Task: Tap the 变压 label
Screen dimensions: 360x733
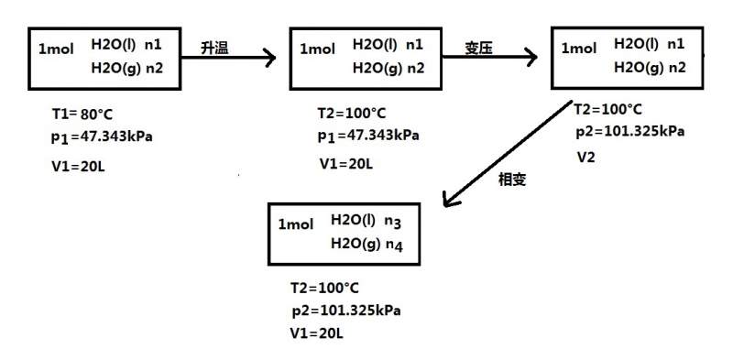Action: (477, 49)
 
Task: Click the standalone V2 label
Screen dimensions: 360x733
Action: (586, 157)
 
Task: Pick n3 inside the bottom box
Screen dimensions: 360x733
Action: (393, 221)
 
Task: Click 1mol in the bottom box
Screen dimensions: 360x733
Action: (295, 224)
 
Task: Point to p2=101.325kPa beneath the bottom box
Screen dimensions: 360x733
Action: (346, 310)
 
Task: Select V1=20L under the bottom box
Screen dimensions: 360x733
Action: (316, 333)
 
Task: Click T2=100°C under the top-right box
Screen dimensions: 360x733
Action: (610, 108)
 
